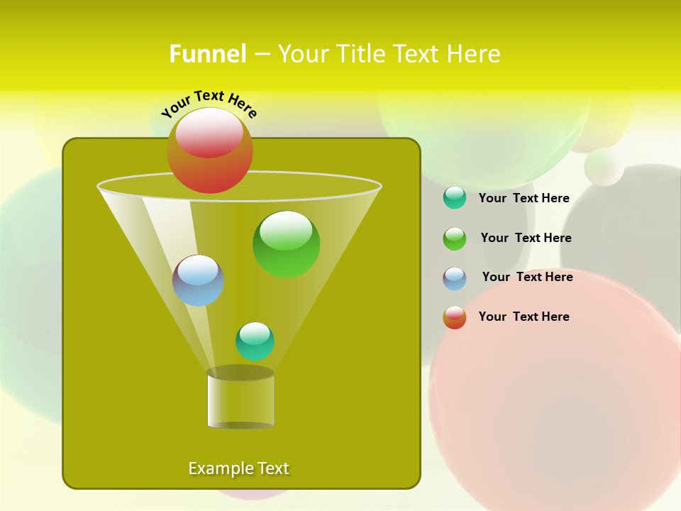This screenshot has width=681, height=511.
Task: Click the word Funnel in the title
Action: pyautogui.click(x=208, y=54)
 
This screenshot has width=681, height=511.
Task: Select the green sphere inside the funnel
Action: pyautogui.click(x=286, y=244)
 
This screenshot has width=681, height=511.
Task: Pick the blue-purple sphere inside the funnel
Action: pyautogui.click(x=198, y=280)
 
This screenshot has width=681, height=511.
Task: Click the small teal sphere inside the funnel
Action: pyautogui.click(x=255, y=341)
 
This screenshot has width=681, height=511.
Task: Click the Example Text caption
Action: pyautogui.click(x=238, y=468)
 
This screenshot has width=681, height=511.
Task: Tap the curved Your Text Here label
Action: pyautogui.click(x=209, y=103)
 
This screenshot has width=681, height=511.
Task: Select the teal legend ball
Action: pyautogui.click(x=455, y=197)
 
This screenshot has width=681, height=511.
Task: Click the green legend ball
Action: pyautogui.click(x=455, y=238)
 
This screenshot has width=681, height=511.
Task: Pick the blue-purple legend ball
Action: pyautogui.click(x=455, y=278)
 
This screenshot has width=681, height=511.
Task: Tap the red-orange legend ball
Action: pyautogui.click(x=455, y=317)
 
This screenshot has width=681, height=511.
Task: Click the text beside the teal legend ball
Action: pyautogui.click(x=524, y=198)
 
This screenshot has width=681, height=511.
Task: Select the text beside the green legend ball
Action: pyautogui.click(x=526, y=238)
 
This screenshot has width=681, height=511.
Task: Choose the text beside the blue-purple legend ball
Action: pyautogui.click(x=527, y=277)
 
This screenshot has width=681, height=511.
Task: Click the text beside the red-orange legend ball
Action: pyautogui.click(x=524, y=317)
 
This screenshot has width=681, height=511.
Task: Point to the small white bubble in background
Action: pyautogui.click(x=604, y=167)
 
